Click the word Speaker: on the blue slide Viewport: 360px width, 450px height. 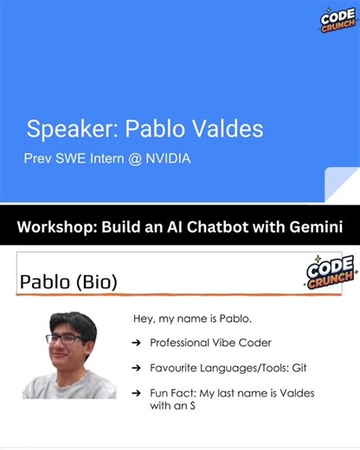tap(73, 130)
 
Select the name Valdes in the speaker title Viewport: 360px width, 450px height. tap(224, 130)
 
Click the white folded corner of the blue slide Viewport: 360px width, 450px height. tap(343, 187)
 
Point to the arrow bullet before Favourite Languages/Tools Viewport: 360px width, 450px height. tap(137, 368)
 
